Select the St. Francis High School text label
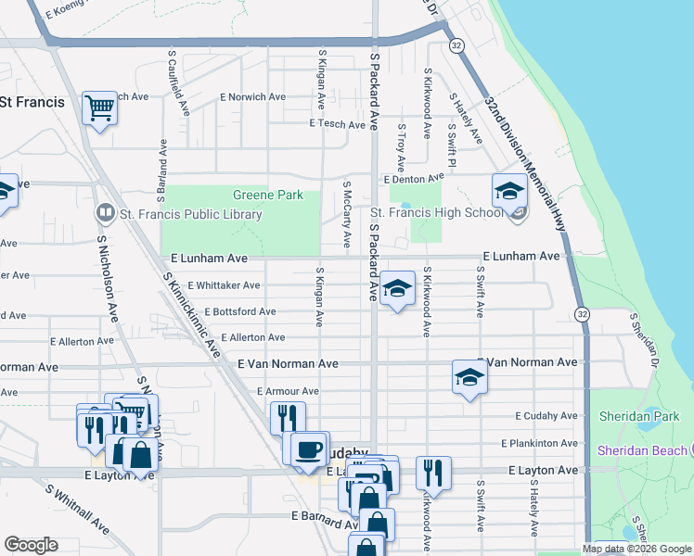coord(437,213)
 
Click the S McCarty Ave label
coord(346,214)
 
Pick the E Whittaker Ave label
coord(225,286)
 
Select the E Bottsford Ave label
coord(240,312)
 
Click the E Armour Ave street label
coord(288,392)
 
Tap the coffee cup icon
coord(308,449)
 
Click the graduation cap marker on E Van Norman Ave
coord(469,377)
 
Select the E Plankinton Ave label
coord(538,444)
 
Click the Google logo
coord(32,544)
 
